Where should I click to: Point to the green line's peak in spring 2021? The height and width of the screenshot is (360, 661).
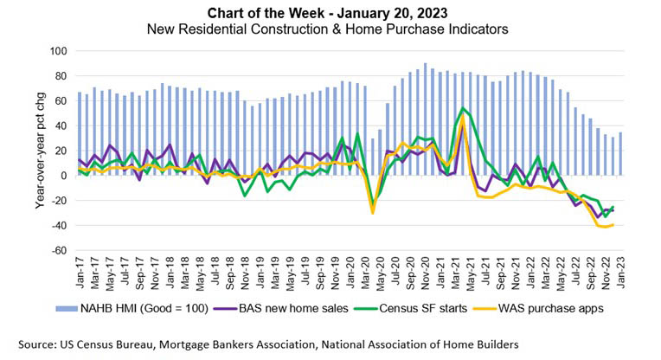tap(464, 108)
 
